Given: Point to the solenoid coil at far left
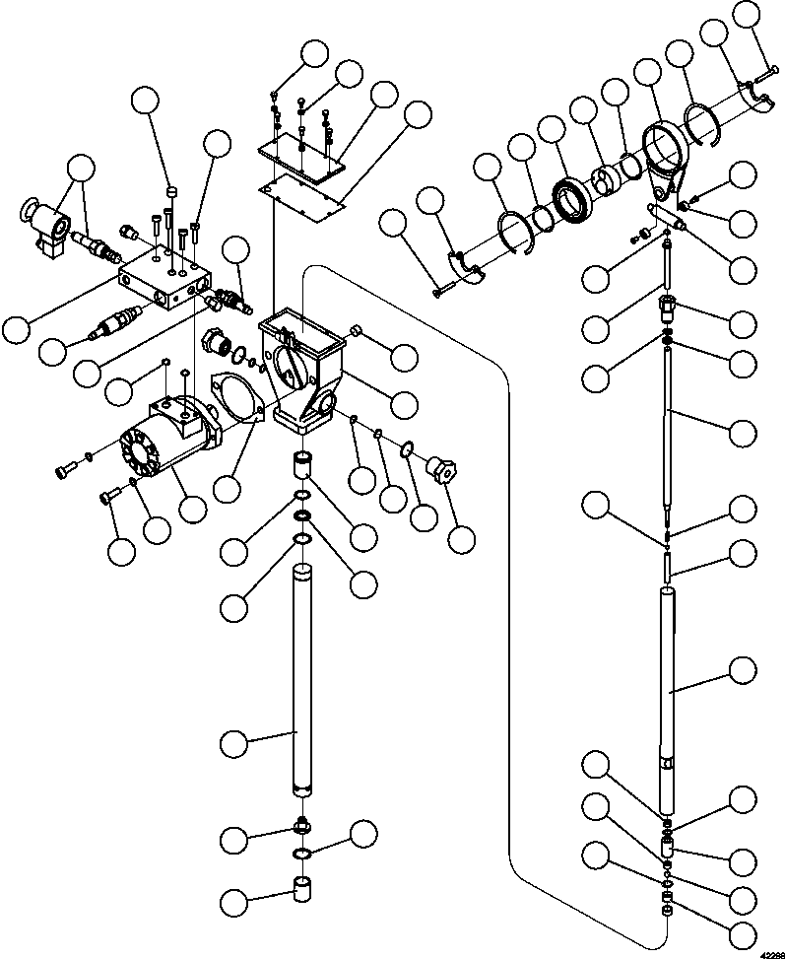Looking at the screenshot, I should (x=44, y=227).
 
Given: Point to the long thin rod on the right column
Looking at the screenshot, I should (x=667, y=424).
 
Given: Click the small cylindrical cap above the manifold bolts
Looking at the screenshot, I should (x=169, y=190).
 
